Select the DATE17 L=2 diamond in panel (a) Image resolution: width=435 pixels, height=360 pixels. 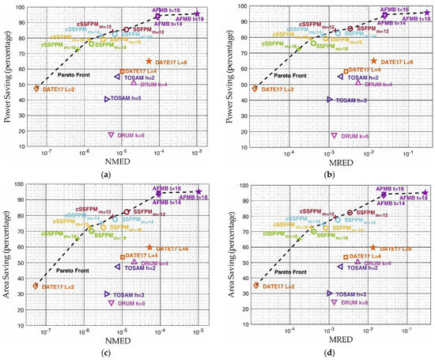tap(36, 89)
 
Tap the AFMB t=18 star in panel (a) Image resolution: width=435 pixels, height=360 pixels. tap(197, 13)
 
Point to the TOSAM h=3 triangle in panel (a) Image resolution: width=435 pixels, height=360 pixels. tap(108, 99)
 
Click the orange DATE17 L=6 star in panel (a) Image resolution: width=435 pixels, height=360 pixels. tap(149, 61)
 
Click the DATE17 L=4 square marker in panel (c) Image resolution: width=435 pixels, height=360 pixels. tap(122, 256)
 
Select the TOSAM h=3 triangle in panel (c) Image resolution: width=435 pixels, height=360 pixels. tap(108, 294)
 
